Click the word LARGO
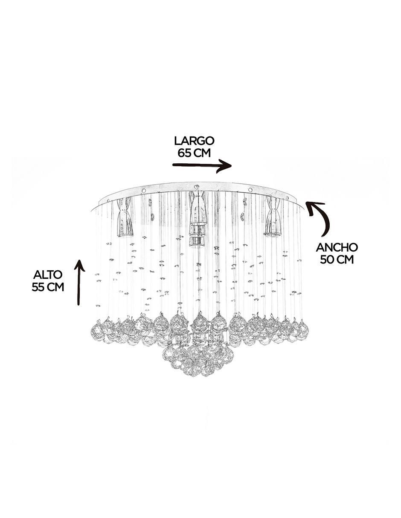[x=194, y=141]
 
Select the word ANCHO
[x=337, y=248]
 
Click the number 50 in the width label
[x=326, y=260]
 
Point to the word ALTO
[x=48, y=275]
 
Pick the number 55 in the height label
[x=38, y=287]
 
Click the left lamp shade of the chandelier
[x=125, y=217]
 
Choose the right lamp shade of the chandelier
[x=271, y=217]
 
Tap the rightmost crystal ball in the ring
[x=302, y=328]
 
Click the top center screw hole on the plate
[x=196, y=187]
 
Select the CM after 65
[x=202, y=153]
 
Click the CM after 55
[x=55, y=287]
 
